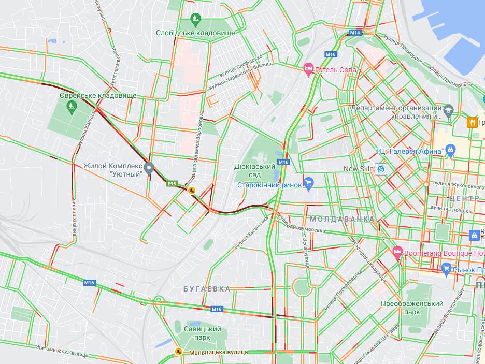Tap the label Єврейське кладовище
(x=98, y=96)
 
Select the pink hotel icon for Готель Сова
(x=309, y=69)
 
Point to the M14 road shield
(x=354, y=33)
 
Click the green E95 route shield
(x=172, y=183)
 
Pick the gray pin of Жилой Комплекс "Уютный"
(x=149, y=168)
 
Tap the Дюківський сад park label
(x=254, y=171)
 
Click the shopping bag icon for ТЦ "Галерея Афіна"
(x=450, y=151)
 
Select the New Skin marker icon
(x=381, y=169)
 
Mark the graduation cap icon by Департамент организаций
(x=448, y=110)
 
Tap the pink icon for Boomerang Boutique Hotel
(x=397, y=253)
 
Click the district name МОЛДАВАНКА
(x=342, y=220)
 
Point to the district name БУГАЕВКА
(x=207, y=289)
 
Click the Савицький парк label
(x=202, y=333)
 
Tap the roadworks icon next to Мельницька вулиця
(x=178, y=352)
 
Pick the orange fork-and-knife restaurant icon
(x=472, y=122)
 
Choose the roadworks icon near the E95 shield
(x=191, y=190)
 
